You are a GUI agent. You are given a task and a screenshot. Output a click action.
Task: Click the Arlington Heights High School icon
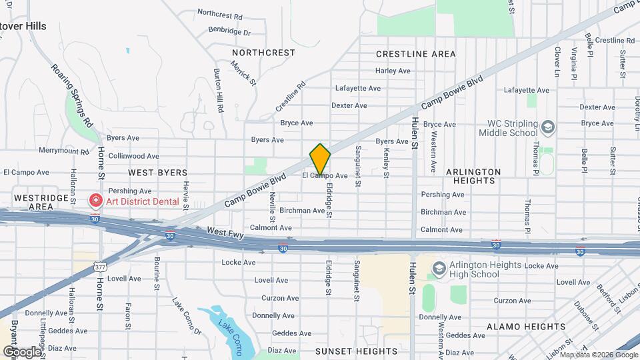click(x=439, y=269)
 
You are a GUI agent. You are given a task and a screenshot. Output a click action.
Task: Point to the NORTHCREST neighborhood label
click(x=263, y=53)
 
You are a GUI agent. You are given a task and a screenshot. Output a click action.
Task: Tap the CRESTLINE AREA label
click(x=416, y=54)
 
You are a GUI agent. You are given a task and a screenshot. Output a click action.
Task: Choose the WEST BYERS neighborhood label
click(x=158, y=173)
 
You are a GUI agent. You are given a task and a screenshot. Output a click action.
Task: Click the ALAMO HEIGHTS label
click(x=526, y=327)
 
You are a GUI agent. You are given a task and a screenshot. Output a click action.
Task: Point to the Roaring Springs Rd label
click(x=72, y=95)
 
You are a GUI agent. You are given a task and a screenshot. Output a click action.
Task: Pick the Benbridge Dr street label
click(x=229, y=31)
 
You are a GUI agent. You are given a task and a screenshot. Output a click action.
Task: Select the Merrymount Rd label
click(x=64, y=151)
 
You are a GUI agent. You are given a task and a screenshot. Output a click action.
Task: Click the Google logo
click(x=22, y=351)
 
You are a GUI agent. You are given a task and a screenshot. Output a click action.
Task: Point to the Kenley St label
click(x=386, y=157)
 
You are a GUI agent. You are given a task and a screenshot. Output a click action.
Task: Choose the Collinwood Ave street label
click(x=133, y=156)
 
